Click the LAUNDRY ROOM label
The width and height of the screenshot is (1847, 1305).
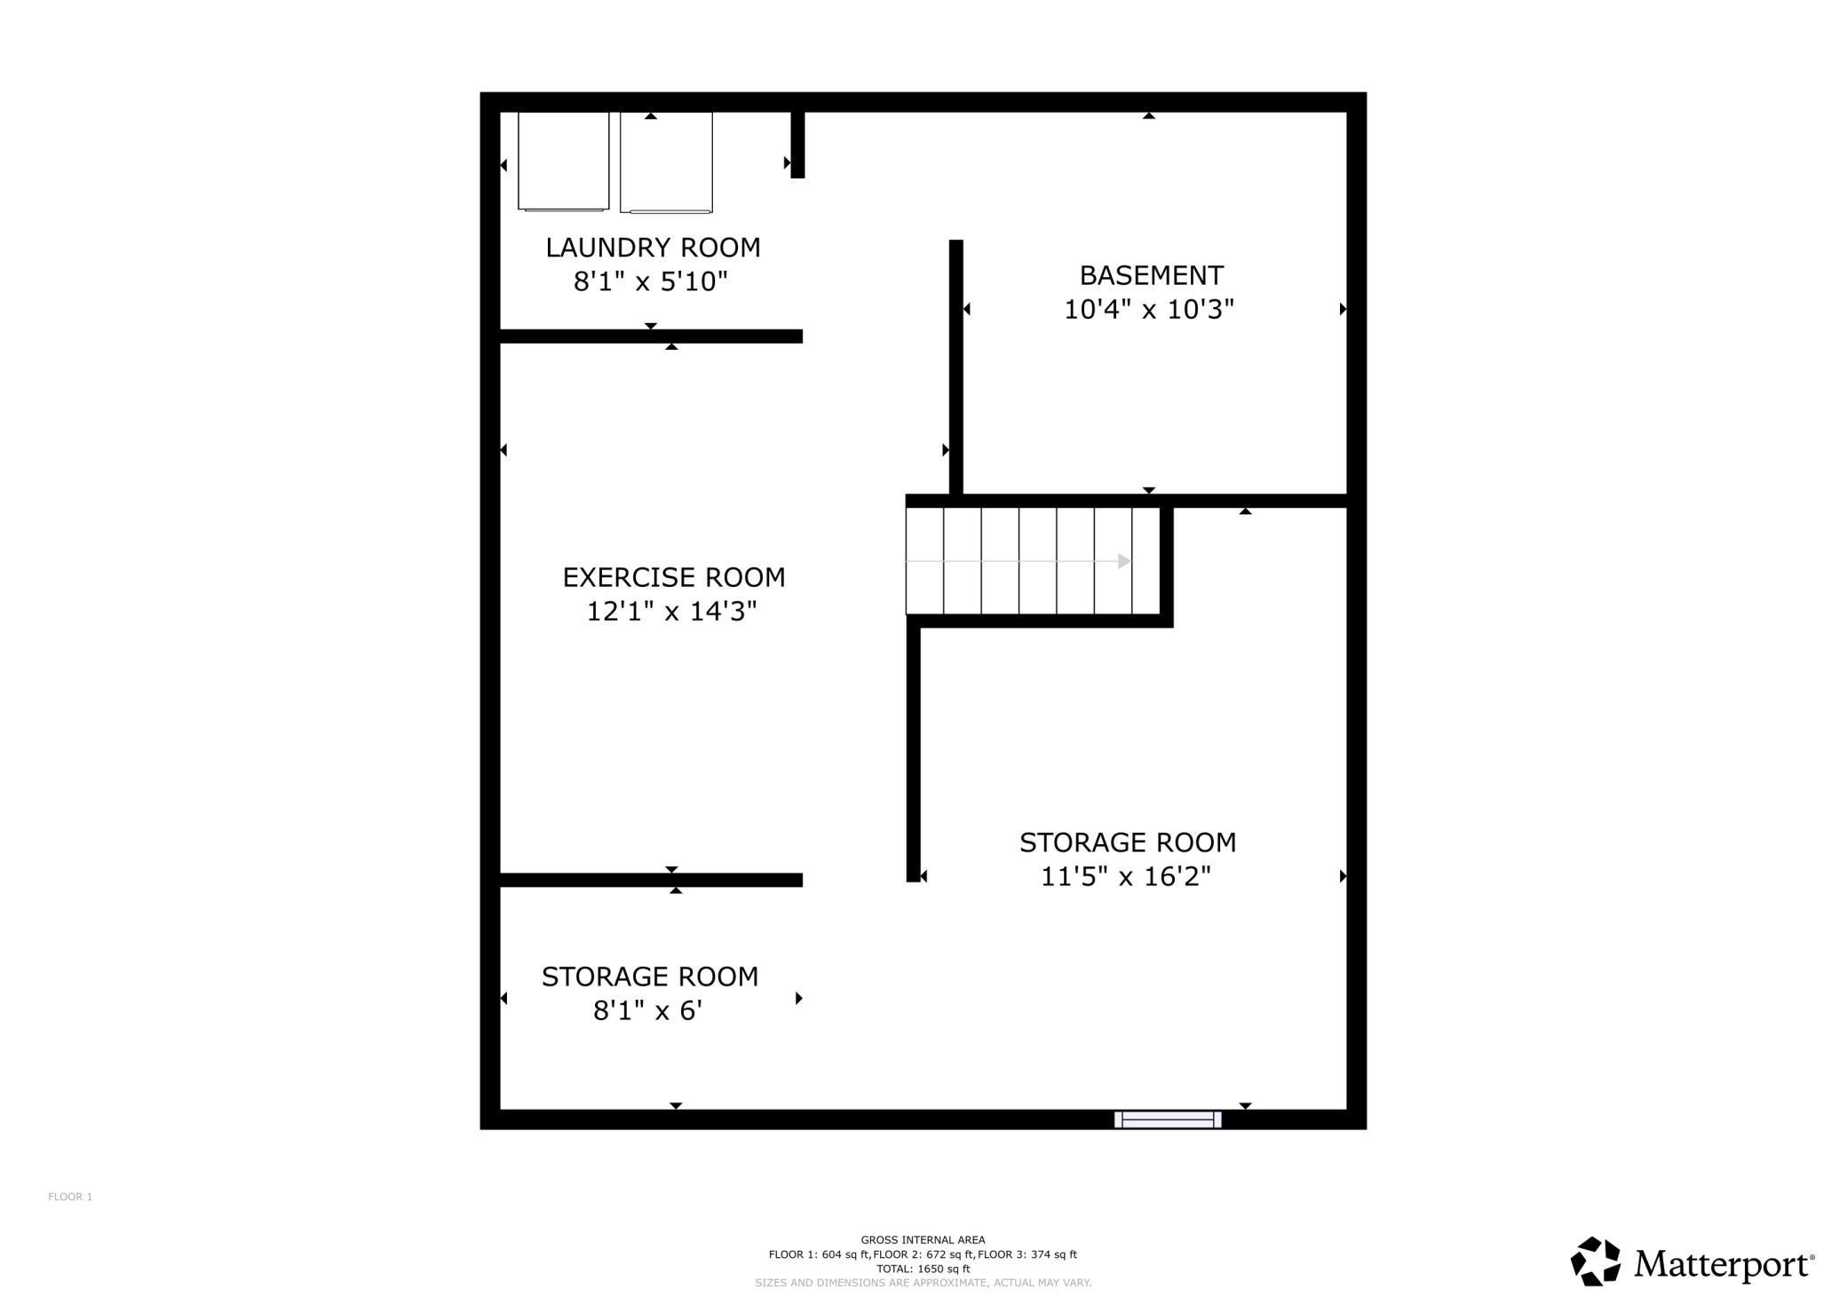pos(653,248)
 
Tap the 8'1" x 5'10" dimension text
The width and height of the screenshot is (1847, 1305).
pos(651,281)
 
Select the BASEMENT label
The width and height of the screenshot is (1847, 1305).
pos(1151,275)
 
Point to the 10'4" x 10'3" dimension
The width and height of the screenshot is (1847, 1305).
pos(1149,310)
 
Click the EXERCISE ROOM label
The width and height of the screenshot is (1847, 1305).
pos(674,578)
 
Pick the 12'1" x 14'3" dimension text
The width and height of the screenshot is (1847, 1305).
pos(671,612)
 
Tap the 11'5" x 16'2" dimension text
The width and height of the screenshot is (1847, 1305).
pos(1126,877)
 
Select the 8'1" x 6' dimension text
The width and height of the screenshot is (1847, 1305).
pos(648,1010)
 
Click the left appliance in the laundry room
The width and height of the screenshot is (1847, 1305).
pos(563,162)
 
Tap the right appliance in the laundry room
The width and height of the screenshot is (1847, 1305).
pos(666,162)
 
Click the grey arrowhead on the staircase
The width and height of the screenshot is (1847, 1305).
pos(1124,561)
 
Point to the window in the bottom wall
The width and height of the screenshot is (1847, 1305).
pos(1168,1119)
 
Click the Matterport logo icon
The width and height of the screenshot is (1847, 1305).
pos(1596,1261)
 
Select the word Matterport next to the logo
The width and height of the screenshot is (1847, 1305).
pos(1723,1264)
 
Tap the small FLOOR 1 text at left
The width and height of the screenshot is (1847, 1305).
pos(70,1197)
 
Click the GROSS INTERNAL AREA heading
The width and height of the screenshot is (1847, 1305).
pos(923,1240)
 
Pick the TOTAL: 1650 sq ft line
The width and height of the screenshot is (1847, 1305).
pos(923,1269)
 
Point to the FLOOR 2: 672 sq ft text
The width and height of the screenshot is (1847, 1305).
pos(923,1254)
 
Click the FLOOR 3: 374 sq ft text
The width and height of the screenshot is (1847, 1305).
pos(1027,1254)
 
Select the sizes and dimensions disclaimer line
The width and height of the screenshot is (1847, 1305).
pos(923,1283)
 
